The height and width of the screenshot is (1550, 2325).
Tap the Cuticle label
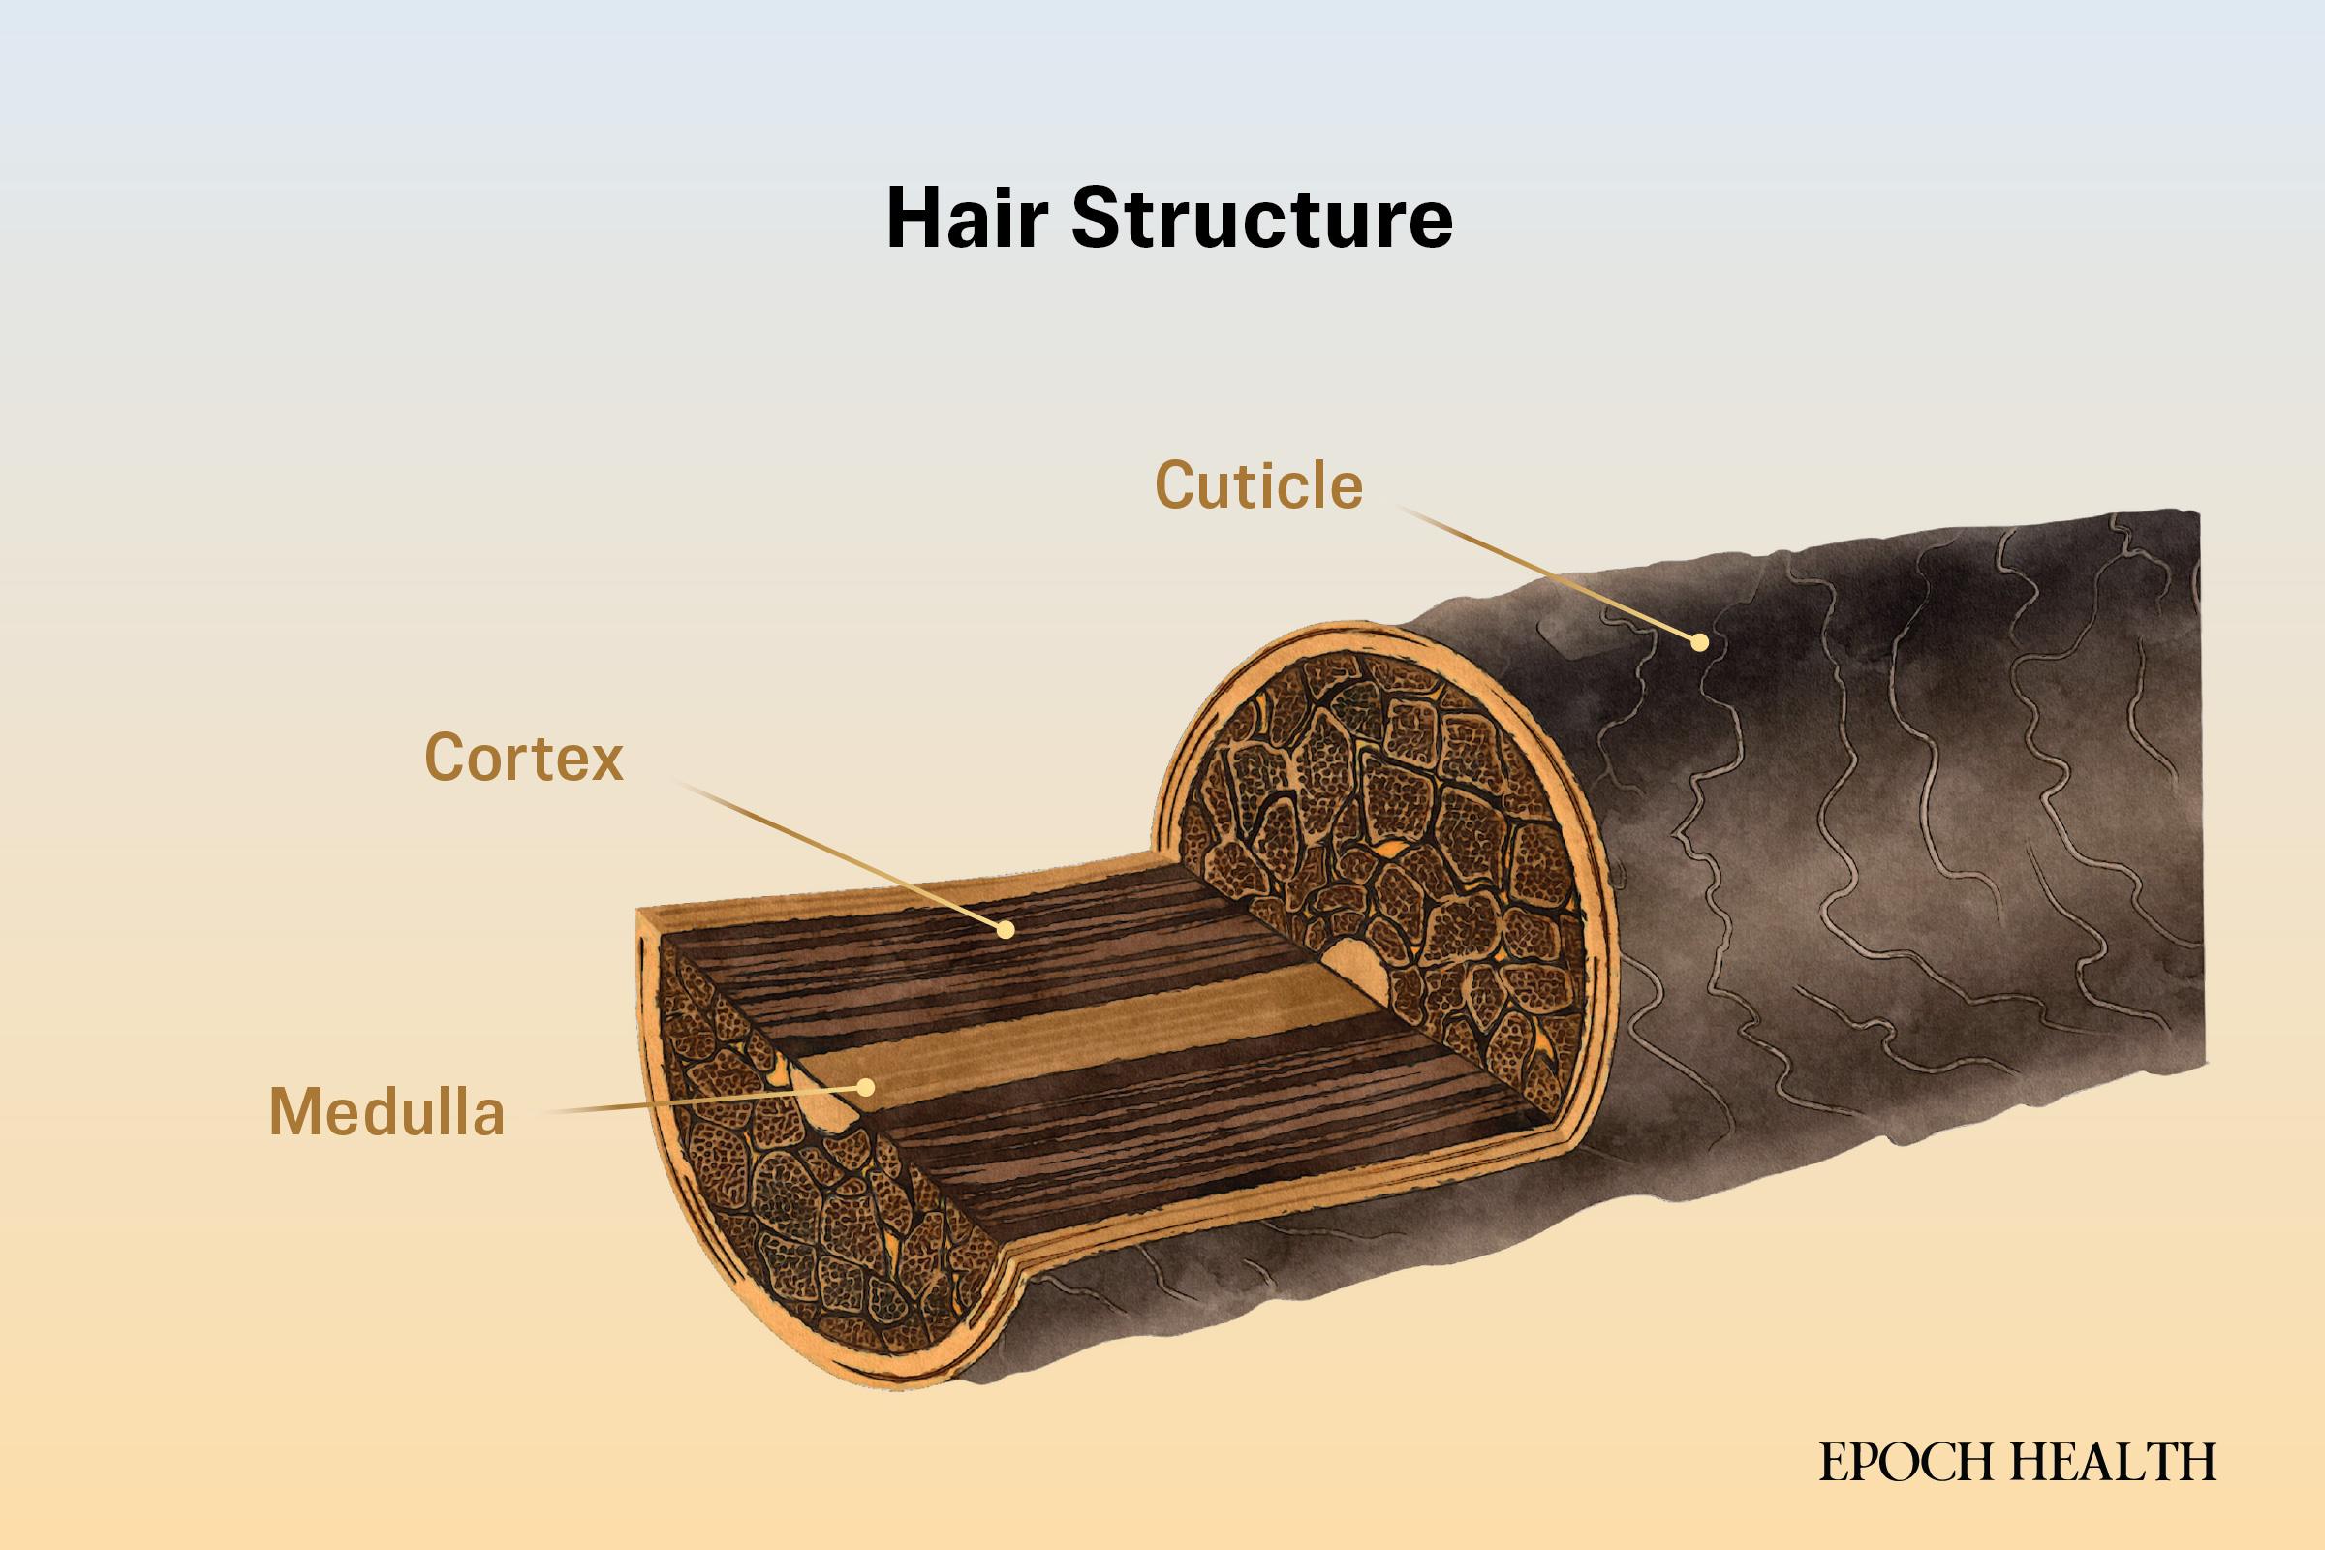click(x=1258, y=485)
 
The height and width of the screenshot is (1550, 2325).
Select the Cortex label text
click(x=524, y=759)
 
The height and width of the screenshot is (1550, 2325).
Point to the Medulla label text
click(x=387, y=1111)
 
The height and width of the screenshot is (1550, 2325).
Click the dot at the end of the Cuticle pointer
click(x=1699, y=642)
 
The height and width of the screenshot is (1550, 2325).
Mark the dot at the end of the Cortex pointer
click(x=1006, y=929)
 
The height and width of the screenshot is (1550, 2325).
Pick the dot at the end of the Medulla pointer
click(x=866, y=1087)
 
